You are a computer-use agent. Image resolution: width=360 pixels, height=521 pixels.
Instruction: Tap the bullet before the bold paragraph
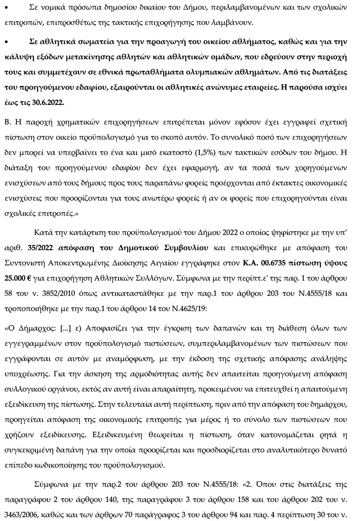click(7, 41)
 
